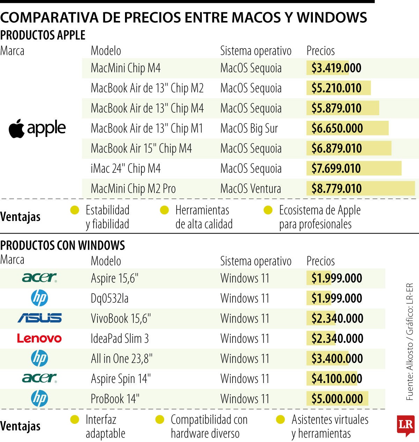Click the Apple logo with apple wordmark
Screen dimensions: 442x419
tap(37, 128)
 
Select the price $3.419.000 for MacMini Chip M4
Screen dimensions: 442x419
tap(336, 68)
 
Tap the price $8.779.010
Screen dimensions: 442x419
tap(336, 189)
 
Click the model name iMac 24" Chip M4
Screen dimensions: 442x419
tap(126, 169)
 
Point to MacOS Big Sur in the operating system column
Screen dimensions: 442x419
tap(249, 128)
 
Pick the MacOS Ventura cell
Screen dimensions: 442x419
tap(250, 189)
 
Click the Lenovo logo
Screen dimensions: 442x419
tap(39, 338)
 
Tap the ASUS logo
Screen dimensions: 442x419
tap(39, 318)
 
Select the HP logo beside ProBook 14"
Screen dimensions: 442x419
tap(39, 399)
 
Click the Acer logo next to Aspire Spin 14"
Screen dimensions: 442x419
tap(39, 378)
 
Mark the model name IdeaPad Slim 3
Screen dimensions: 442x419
tap(120, 339)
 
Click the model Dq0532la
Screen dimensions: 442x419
tap(110, 299)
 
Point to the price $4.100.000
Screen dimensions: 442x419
tap(337, 379)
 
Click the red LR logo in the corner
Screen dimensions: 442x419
tap(405, 425)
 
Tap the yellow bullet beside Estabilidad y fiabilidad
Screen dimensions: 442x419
tap(75, 210)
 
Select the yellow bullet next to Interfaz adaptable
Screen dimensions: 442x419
tap(75, 420)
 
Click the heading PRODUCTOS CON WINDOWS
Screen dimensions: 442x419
tap(63, 245)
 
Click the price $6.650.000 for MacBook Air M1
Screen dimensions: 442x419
tap(337, 128)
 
